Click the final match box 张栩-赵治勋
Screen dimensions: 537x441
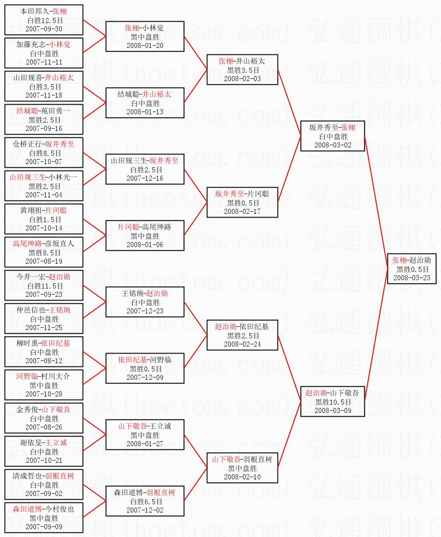pos(412,269)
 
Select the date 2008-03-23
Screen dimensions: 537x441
pos(412,277)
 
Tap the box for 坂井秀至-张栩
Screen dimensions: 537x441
pos(332,136)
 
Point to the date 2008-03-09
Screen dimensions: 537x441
pos(332,410)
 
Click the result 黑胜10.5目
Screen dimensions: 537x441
pos(332,402)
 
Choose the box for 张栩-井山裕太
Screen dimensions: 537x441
pos(242,70)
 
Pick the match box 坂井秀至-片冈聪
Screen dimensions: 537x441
pos(242,202)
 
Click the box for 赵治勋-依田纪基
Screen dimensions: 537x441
pos(242,335)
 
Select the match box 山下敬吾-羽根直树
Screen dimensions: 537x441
pos(242,468)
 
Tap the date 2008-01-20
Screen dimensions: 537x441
pos(145,45)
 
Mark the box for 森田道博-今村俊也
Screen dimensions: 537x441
pos(44,518)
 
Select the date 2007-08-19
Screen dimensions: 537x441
pos(44,261)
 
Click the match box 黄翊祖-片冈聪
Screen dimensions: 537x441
pos(44,219)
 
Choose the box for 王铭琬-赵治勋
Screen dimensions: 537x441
pos(145,302)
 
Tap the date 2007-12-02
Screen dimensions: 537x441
pos(145,510)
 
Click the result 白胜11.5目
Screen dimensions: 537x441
pos(44,286)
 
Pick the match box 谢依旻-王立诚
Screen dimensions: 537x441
pos(44,451)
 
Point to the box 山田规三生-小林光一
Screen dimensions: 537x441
pos(44,186)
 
